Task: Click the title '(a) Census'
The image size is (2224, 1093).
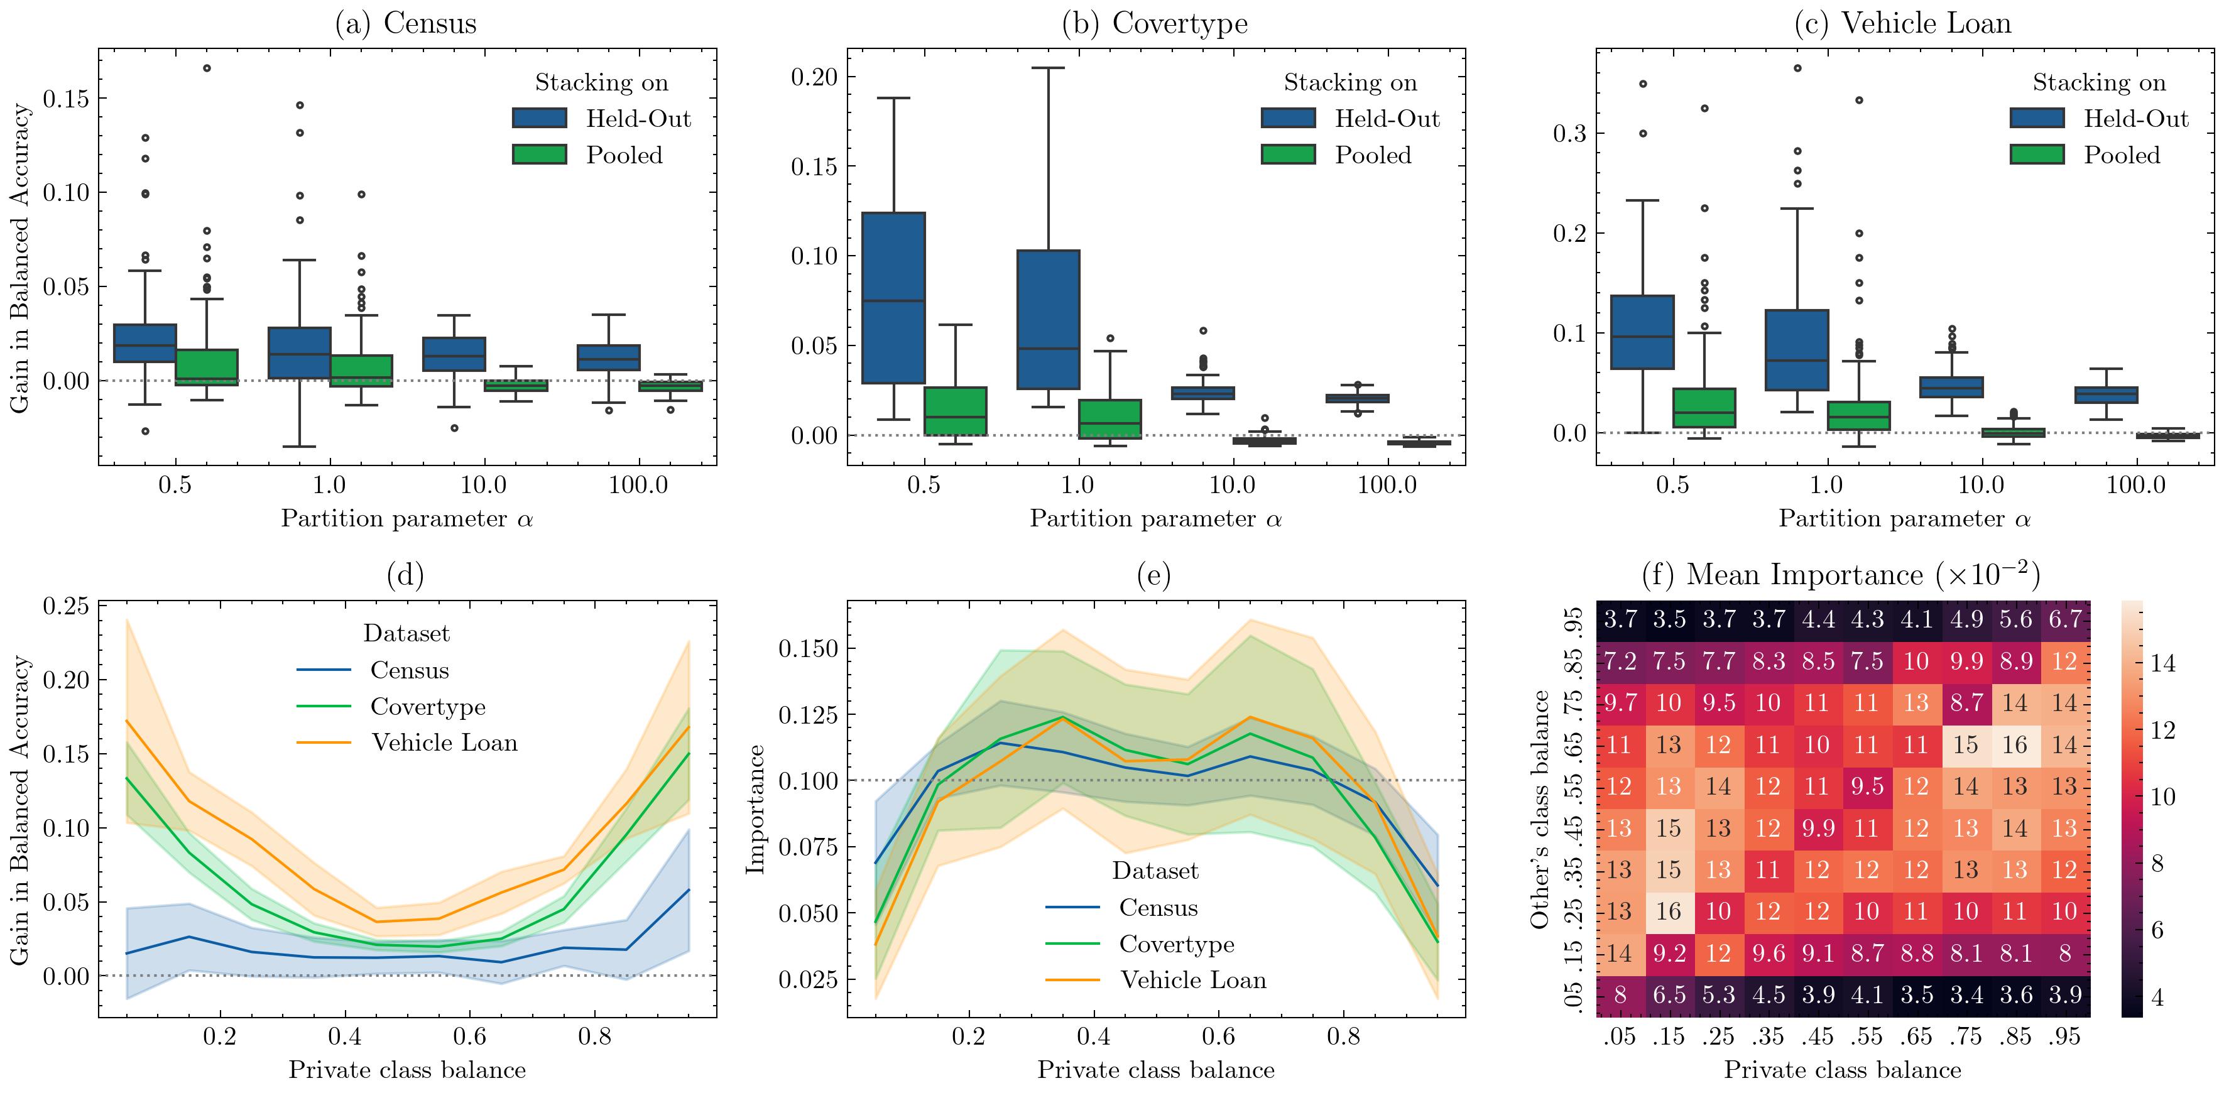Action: [x=405, y=23]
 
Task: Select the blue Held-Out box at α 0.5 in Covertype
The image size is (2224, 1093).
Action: [x=893, y=298]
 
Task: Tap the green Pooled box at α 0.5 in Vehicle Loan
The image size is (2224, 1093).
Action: [x=1704, y=408]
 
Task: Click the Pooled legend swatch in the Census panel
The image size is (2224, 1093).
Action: [x=540, y=155]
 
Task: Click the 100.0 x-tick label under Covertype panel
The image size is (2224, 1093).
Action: [x=1387, y=485]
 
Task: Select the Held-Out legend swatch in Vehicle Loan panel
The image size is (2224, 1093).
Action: [x=2037, y=118]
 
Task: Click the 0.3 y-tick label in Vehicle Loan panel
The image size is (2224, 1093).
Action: [x=1569, y=134]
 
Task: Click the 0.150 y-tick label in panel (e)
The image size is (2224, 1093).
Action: [x=809, y=648]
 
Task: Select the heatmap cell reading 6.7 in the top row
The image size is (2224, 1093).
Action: [x=2065, y=619]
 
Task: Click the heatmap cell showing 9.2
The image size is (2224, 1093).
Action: [x=1669, y=953]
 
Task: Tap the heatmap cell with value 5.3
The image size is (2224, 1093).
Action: [x=1718, y=994]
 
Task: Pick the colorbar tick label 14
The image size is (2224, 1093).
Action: [x=2162, y=663]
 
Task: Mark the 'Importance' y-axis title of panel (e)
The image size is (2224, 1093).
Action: [x=756, y=809]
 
